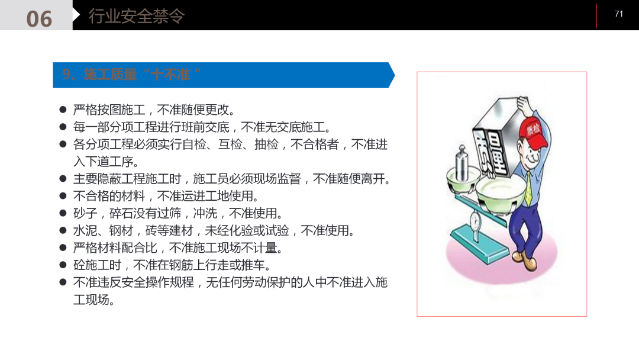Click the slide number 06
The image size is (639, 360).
point(39,18)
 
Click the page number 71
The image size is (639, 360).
point(619,14)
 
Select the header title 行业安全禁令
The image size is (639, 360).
point(137,16)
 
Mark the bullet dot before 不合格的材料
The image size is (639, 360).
point(63,196)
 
